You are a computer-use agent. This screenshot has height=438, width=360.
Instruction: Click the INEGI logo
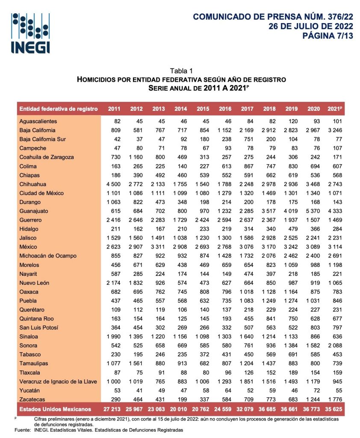[x=30, y=33]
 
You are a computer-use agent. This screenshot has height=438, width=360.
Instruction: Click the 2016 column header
[x=225, y=109]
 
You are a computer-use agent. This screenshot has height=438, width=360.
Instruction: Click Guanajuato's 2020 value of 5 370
[x=314, y=211]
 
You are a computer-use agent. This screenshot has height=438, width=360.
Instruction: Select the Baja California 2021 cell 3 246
[x=336, y=130]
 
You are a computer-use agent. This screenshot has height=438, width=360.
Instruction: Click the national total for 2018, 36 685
[x=269, y=408]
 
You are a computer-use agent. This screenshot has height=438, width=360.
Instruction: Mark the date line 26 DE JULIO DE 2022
[x=310, y=26]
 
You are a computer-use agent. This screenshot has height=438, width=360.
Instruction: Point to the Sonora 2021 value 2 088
[x=336, y=345]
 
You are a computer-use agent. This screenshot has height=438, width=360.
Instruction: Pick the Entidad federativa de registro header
[x=59, y=109]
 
